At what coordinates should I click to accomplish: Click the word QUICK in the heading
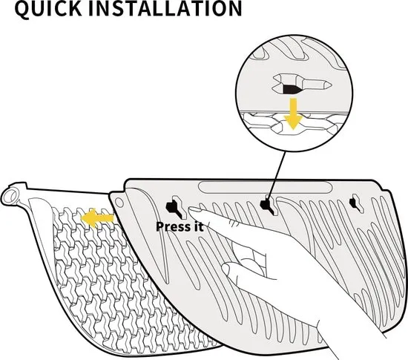pos(48,9)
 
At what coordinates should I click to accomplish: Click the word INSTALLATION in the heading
pos(165,8)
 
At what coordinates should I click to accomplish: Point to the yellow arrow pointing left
pos(97,218)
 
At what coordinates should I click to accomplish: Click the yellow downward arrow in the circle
pos(293,114)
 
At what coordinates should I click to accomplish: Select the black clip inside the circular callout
pos(292,89)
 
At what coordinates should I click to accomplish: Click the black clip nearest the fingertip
pos(174,207)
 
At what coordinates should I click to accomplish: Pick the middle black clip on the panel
pos(267,206)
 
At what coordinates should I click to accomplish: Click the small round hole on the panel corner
pos(119,202)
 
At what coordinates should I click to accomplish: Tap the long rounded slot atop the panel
pos(265,187)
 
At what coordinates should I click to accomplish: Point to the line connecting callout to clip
pos(277,177)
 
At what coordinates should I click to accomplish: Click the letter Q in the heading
pos(24,10)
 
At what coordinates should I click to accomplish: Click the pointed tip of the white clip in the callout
pos(331,85)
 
